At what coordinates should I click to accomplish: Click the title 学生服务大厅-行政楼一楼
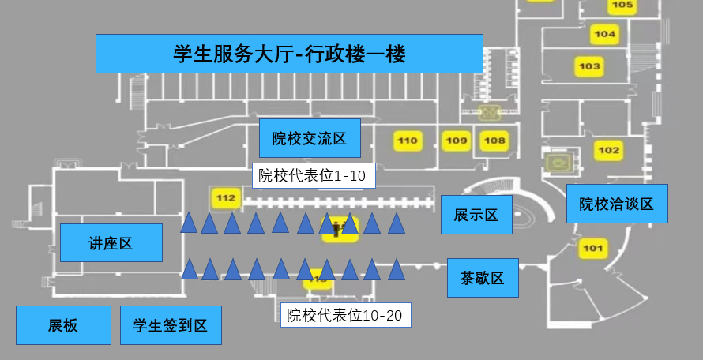tap(289, 54)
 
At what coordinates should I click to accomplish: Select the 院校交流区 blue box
tap(310, 139)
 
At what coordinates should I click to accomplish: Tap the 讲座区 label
tap(111, 242)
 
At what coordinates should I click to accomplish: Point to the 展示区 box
tap(476, 215)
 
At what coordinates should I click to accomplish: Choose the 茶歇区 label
tap(483, 278)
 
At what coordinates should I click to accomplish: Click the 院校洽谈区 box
tap(617, 204)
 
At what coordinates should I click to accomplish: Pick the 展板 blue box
tap(63, 325)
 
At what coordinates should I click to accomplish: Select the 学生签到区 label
tap(171, 325)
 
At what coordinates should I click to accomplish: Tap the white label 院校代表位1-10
tap(313, 175)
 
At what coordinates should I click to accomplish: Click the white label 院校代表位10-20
tap(345, 316)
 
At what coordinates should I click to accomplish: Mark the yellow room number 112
tap(226, 197)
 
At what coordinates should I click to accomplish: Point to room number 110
tap(408, 141)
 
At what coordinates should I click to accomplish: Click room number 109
tap(457, 141)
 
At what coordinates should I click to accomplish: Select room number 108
tap(494, 141)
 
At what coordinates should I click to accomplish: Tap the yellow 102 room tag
tap(610, 150)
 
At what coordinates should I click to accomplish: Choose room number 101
tap(592, 249)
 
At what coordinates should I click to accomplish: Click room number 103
tap(589, 66)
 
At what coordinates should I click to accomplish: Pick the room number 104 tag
tap(605, 34)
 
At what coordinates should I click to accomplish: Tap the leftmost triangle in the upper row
tap(188, 224)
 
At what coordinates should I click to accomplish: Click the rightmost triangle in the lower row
tap(396, 271)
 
